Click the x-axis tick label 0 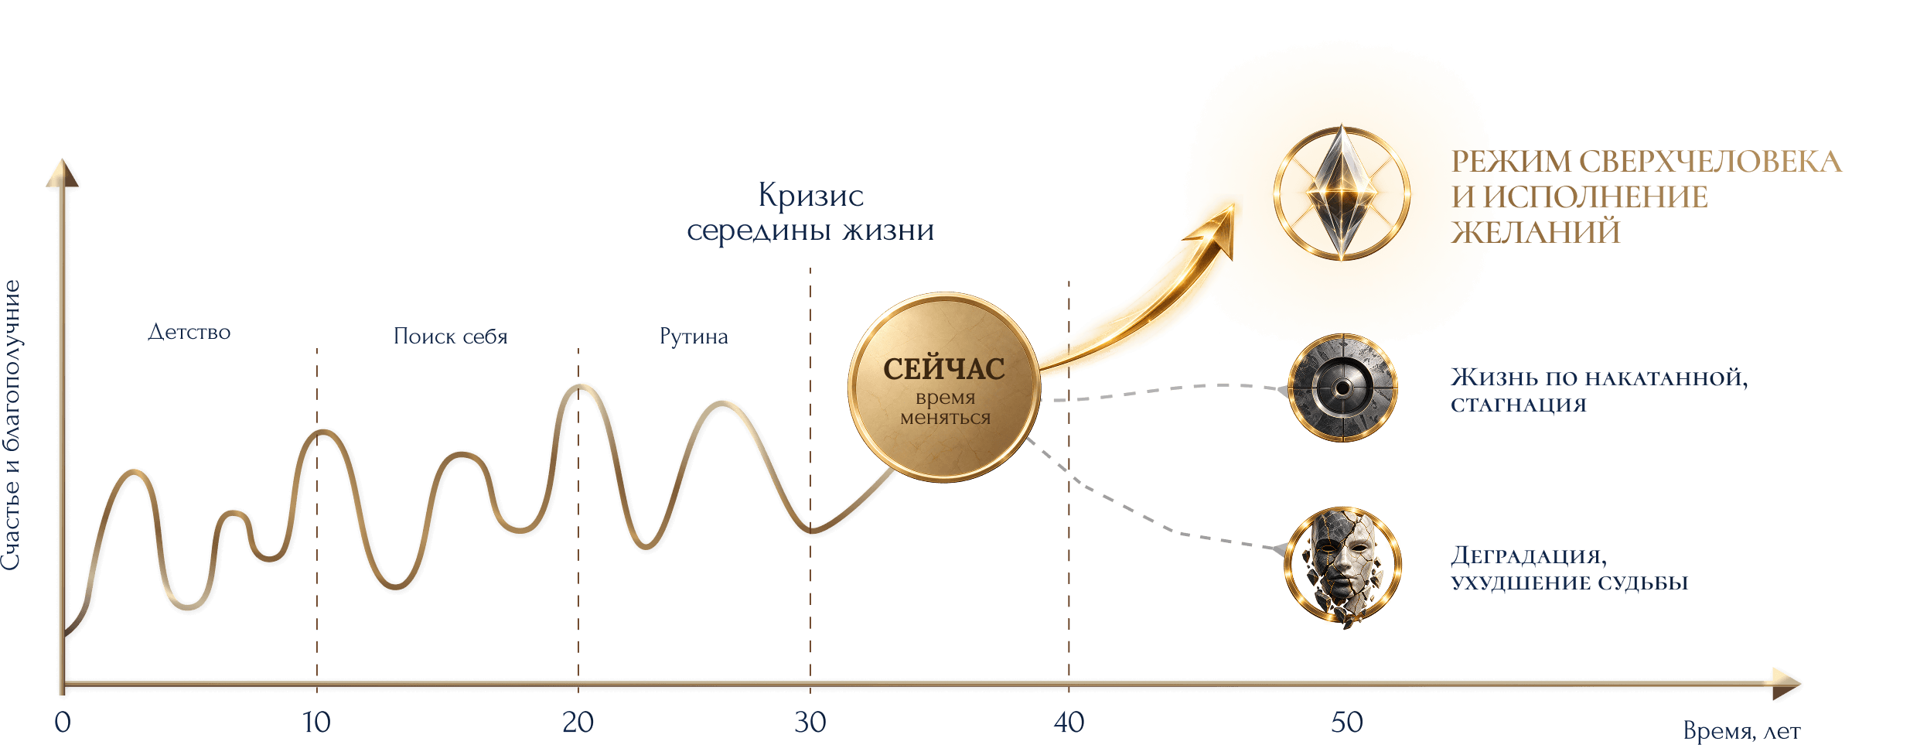click(63, 723)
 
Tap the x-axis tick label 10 click(316, 723)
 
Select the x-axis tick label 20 click(578, 723)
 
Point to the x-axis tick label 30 click(810, 723)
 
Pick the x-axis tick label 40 click(1069, 723)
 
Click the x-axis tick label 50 click(1347, 723)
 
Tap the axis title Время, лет click(1741, 731)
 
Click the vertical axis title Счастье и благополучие click(12, 425)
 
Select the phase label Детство click(189, 332)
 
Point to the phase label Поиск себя click(451, 336)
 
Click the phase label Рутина click(694, 336)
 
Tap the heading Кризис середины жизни click(810, 212)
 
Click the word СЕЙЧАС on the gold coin click(944, 368)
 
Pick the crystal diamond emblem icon click(1342, 193)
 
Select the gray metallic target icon click(1342, 388)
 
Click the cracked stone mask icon click(1343, 566)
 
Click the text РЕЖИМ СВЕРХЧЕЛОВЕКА click(1646, 162)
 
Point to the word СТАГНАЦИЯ click(1519, 405)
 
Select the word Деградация click(1529, 556)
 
